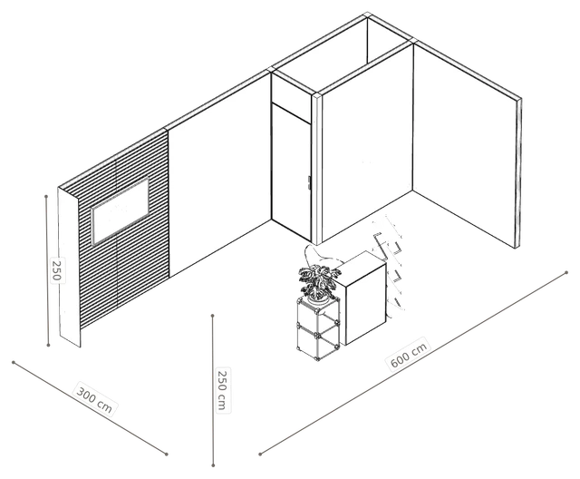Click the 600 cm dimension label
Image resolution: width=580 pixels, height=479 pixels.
point(409,354)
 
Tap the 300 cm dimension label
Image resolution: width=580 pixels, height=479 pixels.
point(94,399)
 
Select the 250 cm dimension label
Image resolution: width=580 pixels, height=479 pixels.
point(223,390)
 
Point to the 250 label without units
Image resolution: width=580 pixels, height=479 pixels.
point(57,270)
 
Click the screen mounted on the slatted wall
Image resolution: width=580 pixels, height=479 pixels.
point(121,210)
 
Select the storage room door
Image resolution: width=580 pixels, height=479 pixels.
point(291,171)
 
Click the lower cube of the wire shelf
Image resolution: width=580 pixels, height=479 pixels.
point(318,341)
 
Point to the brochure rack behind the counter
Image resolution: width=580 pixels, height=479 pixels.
point(390,263)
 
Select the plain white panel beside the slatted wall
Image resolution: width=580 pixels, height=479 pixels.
point(219,174)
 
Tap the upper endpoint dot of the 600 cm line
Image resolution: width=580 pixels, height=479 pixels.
point(566,273)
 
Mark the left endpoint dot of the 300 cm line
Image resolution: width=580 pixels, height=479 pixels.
point(14,362)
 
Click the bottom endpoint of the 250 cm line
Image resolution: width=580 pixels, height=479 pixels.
point(214,464)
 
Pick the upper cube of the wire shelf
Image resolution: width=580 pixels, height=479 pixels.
point(318,313)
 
